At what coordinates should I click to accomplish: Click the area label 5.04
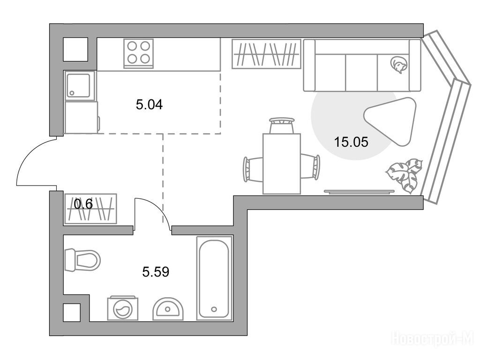149,105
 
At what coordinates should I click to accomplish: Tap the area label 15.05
351,142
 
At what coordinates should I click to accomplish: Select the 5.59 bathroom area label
156,271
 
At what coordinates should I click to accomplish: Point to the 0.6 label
83,204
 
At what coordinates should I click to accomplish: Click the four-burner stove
138,53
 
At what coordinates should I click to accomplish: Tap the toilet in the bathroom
82,260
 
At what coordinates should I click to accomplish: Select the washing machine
122,308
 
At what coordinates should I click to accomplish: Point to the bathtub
214,278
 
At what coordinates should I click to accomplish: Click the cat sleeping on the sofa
398,65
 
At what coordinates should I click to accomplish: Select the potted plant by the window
405,175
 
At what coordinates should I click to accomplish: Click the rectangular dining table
282,164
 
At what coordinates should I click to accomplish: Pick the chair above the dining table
282,126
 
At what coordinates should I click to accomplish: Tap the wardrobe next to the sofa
266,54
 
